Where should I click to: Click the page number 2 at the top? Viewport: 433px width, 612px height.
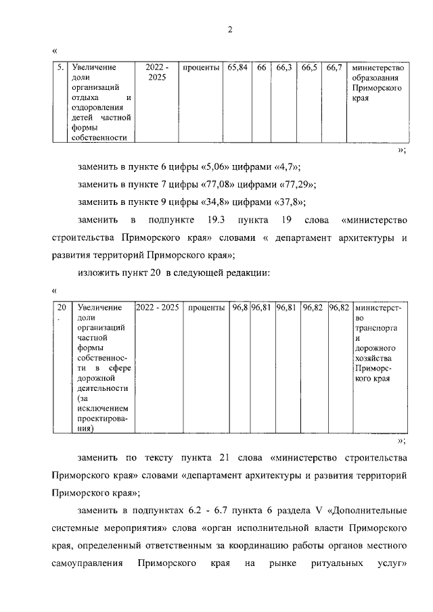[229, 29]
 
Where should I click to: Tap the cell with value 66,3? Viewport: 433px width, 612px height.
[283, 68]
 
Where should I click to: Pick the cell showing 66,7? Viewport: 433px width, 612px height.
[334, 68]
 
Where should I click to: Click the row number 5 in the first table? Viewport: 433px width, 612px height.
[60, 68]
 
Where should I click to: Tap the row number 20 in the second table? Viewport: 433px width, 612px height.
[61, 308]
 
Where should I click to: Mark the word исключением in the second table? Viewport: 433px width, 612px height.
[103, 408]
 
